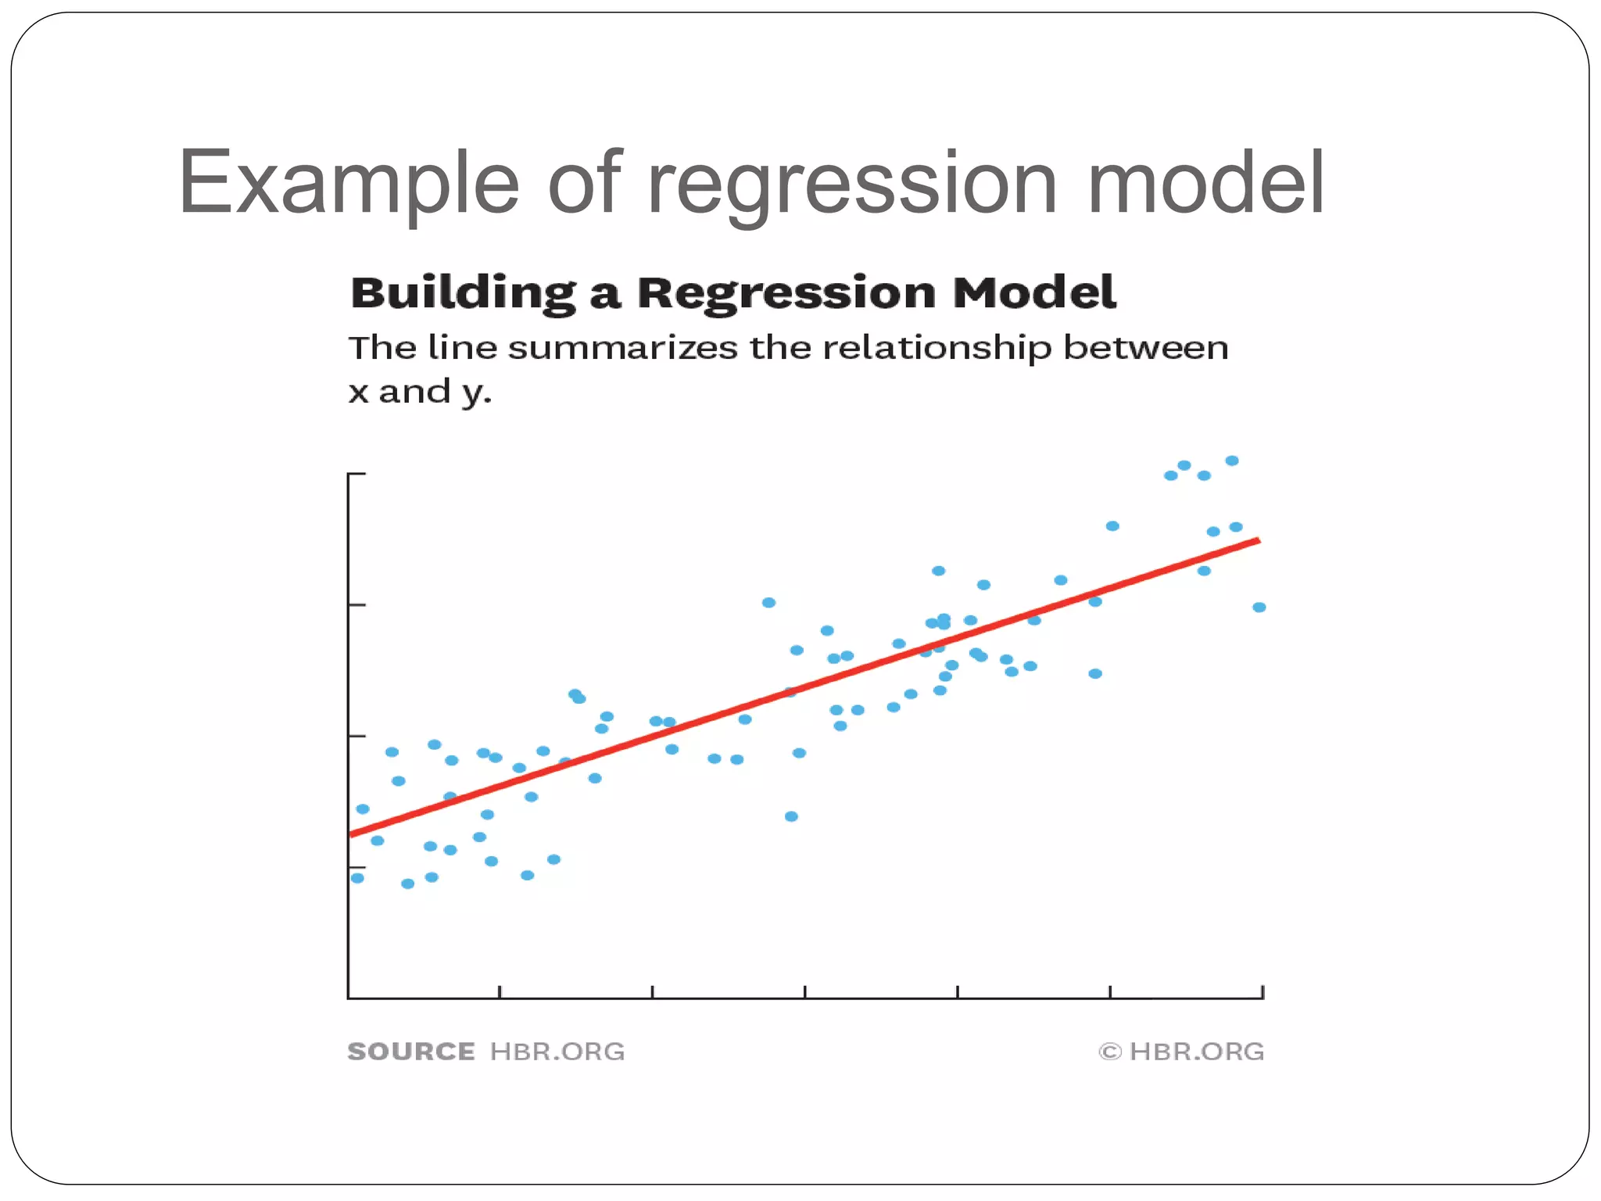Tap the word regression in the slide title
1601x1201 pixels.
tap(852, 184)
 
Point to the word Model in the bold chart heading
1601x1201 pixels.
tap(1033, 293)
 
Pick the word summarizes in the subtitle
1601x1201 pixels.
tap(622, 348)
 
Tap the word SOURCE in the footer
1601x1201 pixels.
tap(411, 1052)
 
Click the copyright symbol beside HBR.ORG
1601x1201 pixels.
tap(1109, 1052)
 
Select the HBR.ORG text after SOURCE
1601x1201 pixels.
tap(557, 1052)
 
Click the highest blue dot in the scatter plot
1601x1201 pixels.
tap(1232, 461)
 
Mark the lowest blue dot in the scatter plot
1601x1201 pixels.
tap(407, 884)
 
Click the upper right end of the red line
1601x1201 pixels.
tap(1257, 540)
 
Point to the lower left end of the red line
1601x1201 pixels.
tap(351, 834)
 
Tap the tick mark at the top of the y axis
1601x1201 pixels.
tap(357, 474)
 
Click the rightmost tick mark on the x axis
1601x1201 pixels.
tap(1263, 991)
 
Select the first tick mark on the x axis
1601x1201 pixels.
tap(500, 991)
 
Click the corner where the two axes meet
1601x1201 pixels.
tap(349, 998)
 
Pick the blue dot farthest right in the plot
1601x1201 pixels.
tap(1259, 608)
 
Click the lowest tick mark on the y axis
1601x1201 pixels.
tap(356, 867)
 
